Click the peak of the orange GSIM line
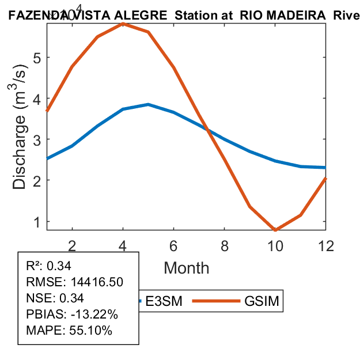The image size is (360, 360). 123,24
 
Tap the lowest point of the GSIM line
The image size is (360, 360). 276,230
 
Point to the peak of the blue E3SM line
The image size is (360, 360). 148,104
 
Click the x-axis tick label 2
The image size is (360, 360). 72,245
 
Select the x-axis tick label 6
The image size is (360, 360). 173,245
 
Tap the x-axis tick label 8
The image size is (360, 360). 225,245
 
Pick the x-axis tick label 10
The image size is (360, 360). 275,245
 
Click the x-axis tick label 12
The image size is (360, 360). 326,245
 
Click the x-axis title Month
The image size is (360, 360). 187,268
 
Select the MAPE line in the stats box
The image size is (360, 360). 69,331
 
